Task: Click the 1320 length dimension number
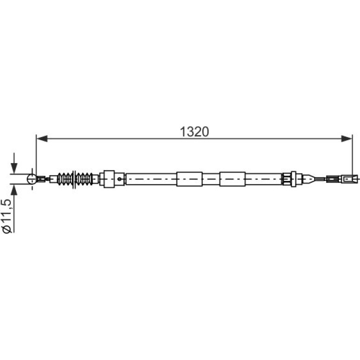click(194, 132)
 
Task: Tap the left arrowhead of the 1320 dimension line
click(42, 139)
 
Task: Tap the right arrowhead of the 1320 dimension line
click(346, 139)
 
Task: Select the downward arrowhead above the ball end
click(14, 168)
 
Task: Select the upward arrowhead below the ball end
click(14, 189)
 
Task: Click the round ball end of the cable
click(32, 179)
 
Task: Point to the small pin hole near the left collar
click(119, 179)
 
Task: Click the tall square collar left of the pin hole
click(109, 179)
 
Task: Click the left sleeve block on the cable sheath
click(189, 179)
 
